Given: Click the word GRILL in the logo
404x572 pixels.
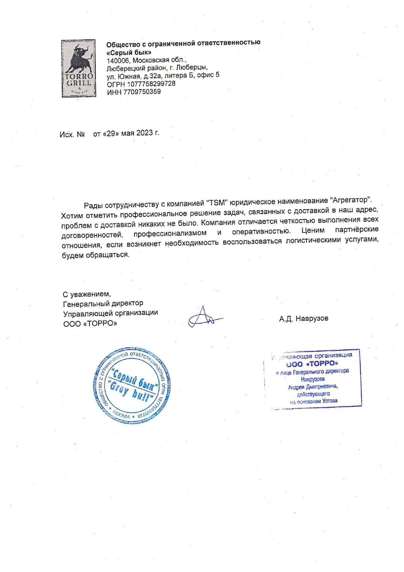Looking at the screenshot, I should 79,83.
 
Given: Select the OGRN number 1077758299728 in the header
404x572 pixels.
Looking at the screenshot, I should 151,84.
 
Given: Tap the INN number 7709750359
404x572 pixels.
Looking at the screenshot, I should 142,92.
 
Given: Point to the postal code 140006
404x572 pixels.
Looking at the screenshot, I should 119,61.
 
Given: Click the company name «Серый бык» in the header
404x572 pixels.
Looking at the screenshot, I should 129,53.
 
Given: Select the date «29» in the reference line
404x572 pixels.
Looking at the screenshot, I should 111,134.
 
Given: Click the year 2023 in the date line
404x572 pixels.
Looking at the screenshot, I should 145,133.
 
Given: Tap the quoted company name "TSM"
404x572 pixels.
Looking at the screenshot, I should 216,203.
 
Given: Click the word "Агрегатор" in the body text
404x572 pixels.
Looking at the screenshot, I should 351,200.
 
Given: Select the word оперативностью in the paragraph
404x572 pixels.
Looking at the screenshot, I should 261,232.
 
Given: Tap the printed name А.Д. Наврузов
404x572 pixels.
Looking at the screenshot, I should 304,319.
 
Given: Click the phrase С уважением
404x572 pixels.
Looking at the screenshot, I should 87,294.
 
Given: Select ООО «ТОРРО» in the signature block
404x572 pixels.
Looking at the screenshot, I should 90,324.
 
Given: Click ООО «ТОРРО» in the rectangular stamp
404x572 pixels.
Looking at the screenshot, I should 312,364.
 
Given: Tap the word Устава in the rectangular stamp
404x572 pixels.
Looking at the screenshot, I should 330,401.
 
